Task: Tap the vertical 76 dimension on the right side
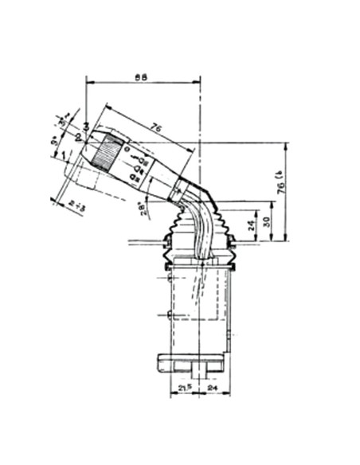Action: [x=280, y=184]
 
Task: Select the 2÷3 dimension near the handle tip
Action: [x=78, y=205]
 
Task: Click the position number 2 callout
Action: [x=78, y=138]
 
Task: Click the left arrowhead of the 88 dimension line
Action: [x=88, y=82]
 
